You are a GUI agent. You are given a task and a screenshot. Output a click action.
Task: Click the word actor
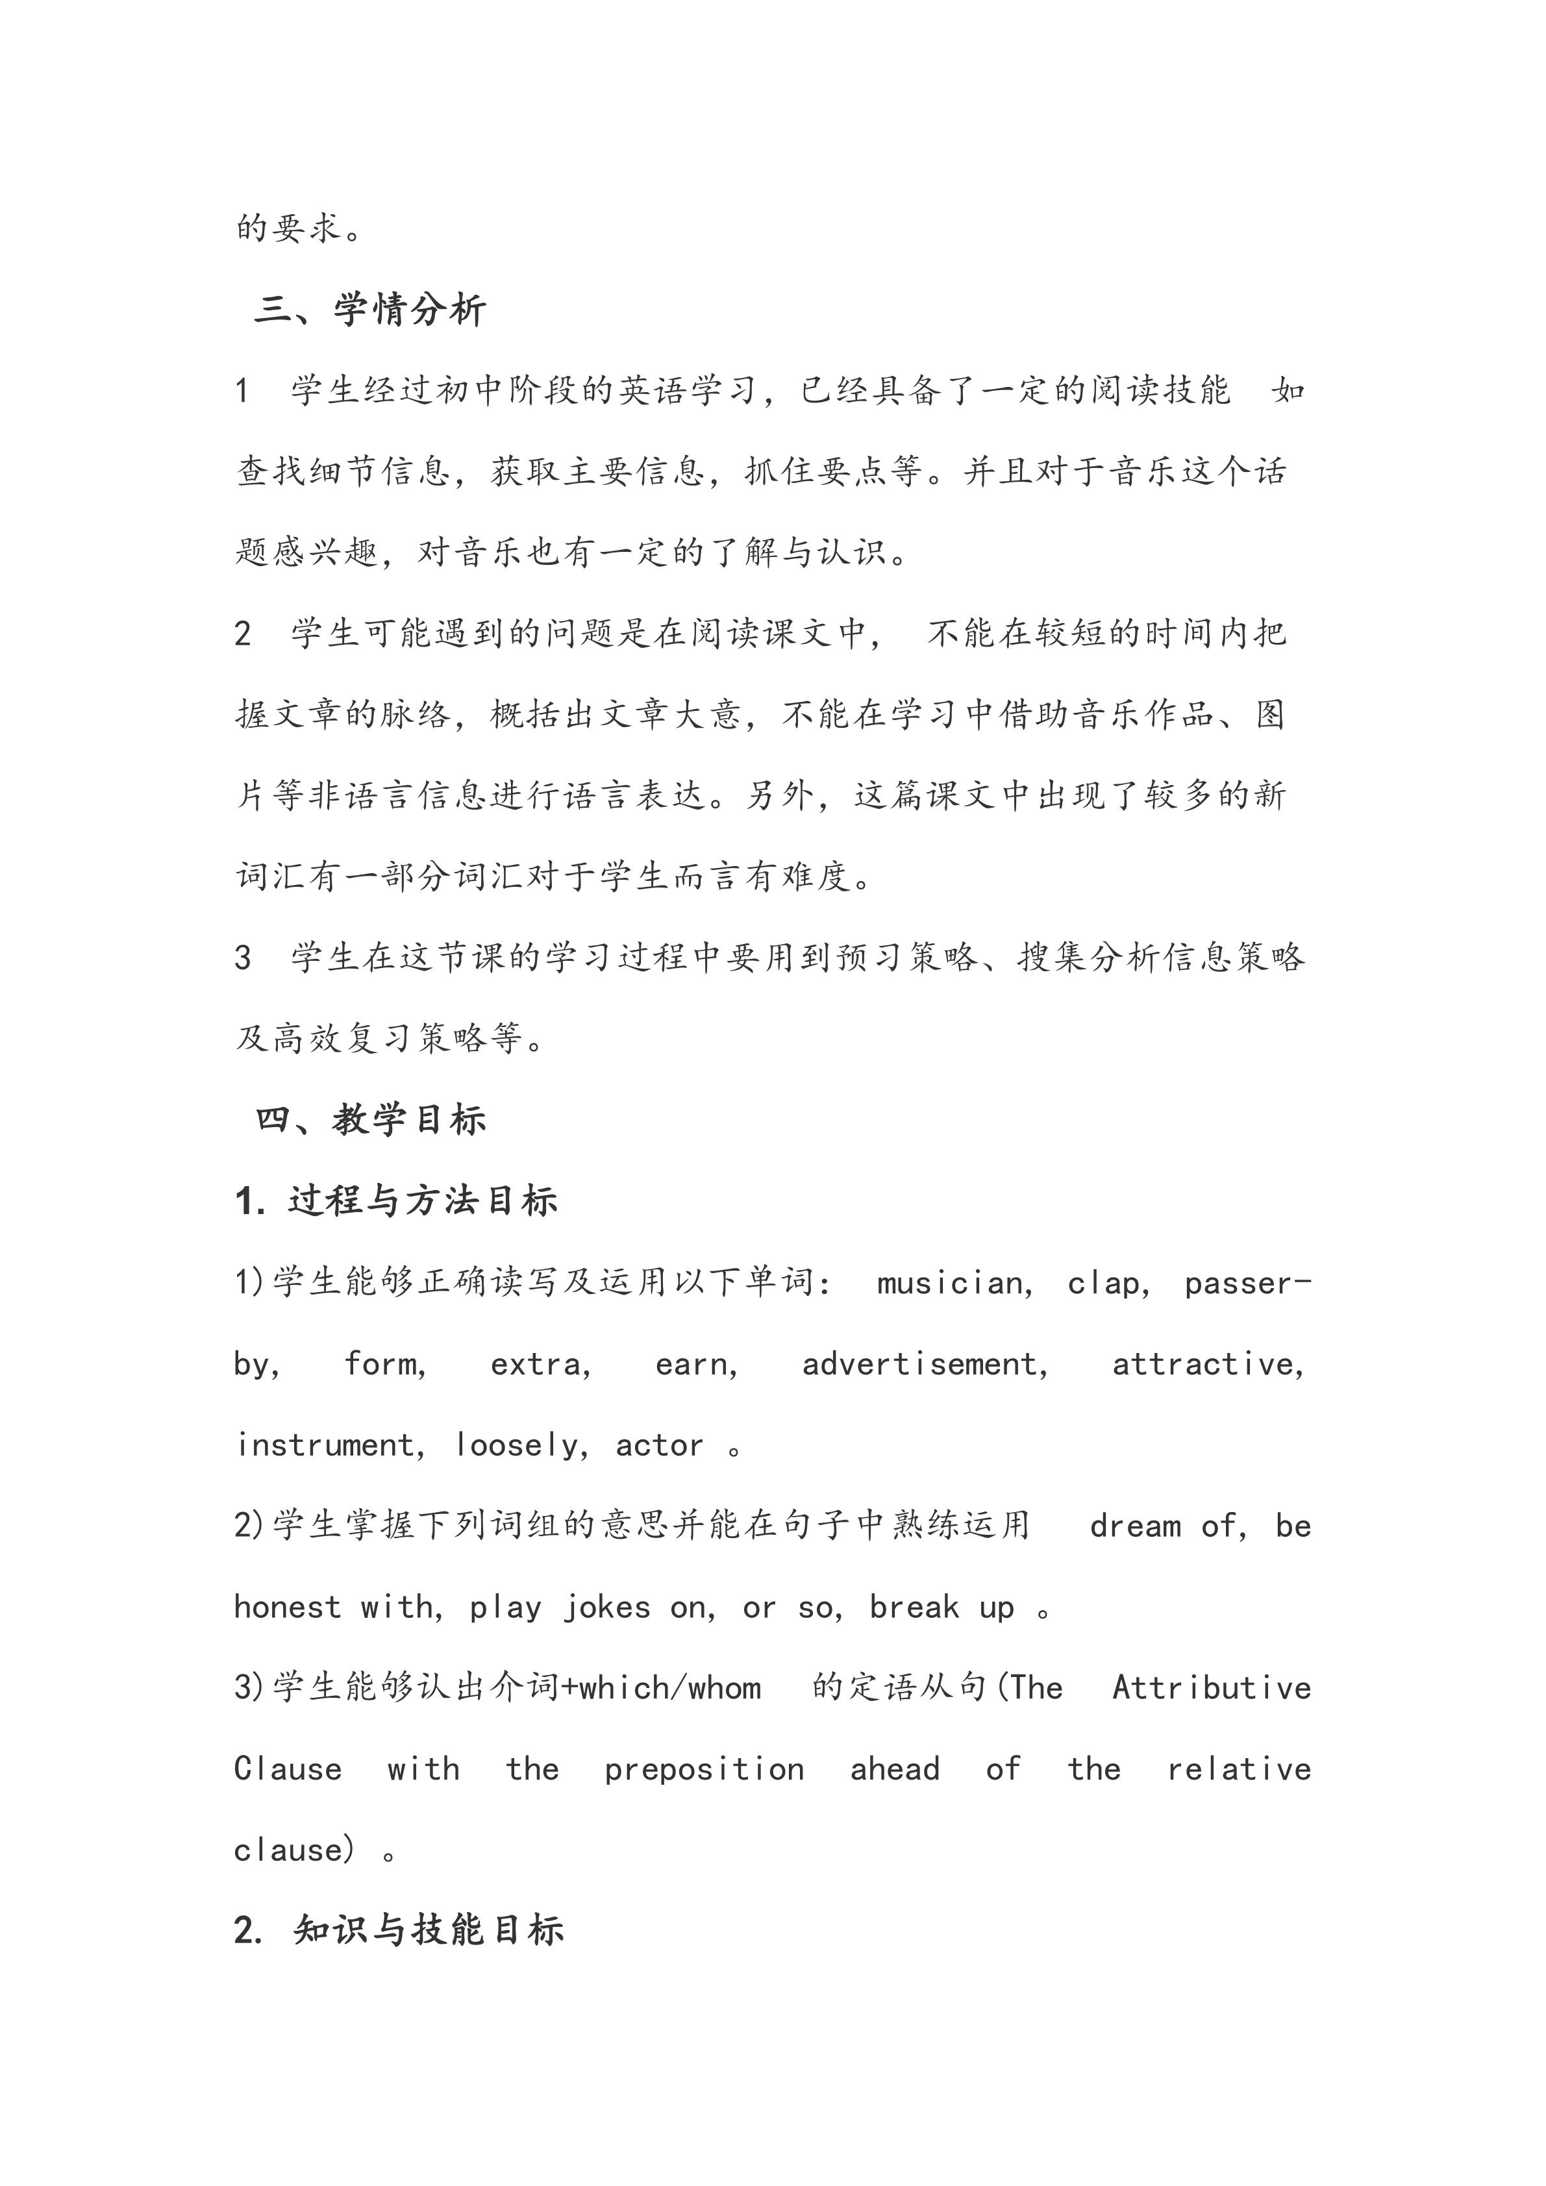click(x=659, y=1445)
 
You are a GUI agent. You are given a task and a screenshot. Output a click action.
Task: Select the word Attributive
click(x=1211, y=1688)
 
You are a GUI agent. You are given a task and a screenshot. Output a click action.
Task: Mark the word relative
click(x=1238, y=1769)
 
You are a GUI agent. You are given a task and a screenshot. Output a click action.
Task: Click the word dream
click(x=1135, y=1526)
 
